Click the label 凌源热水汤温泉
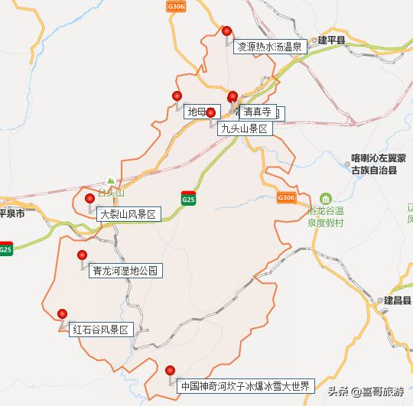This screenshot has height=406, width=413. pyautogui.click(x=271, y=46)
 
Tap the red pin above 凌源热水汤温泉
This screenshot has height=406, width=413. pyautogui.click(x=226, y=31)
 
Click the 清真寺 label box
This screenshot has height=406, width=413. pyautogui.click(x=257, y=112)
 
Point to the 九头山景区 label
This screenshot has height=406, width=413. pyautogui.click(x=244, y=128)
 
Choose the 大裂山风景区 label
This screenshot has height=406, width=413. pyautogui.click(x=128, y=215)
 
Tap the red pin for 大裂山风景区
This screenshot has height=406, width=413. pyautogui.click(x=90, y=200)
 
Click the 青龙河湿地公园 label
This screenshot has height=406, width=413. pyautogui.click(x=126, y=271)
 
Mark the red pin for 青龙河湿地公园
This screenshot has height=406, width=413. pyautogui.click(x=82, y=256)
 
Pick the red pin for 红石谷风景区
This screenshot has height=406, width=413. pyautogui.click(x=63, y=314)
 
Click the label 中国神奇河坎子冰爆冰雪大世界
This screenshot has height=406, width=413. pyautogui.click(x=244, y=386)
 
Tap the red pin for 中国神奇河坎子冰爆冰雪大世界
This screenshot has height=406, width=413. pyautogui.click(x=171, y=372)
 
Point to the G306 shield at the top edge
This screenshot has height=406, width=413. pyautogui.click(x=175, y=5)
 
